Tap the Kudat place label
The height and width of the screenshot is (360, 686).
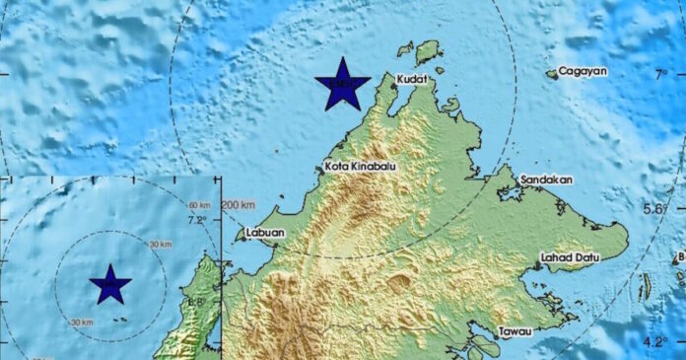pyautogui.click(x=413, y=79)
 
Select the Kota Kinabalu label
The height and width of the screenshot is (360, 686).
pyautogui.click(x=360, y=167)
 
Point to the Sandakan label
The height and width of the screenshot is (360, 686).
pyautogui.click(x=547, y=180)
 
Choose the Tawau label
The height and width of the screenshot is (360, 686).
pyautogui.click(x=515, y=331)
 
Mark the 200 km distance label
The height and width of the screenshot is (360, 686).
pyautogui.click(x=239, y=205)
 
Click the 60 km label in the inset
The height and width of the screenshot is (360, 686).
pyautogui.click(x=199, y=204)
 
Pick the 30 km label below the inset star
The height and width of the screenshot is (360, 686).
pyautogui.click(x=83, y=322)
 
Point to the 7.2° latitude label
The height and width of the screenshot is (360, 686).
pyautogui.click(x=197, y=220)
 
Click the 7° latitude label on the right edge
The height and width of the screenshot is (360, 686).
pyautogui.click(x=663, y=74)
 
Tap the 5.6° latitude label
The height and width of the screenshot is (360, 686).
pyautogui.click(x=655, y=208)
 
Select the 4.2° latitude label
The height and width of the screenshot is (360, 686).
pyautogui.click(x=655, y=341)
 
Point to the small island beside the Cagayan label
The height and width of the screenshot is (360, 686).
pyautogui.click(x=552, y=73)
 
